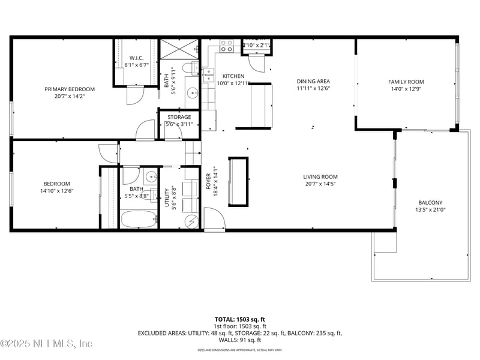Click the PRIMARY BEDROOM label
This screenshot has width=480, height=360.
70,89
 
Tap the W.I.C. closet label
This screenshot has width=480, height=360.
136,58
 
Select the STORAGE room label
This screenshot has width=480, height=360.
179,117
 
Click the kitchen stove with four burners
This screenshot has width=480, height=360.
226,46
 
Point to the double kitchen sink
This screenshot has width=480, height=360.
208,74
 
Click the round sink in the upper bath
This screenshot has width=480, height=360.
193,93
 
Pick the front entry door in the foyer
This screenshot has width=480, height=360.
213,218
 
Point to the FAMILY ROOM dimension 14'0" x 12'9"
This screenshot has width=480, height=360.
406,89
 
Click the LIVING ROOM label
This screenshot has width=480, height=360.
320,177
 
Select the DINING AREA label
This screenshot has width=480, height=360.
313,81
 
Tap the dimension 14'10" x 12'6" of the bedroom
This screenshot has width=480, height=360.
56,191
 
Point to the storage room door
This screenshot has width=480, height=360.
173,133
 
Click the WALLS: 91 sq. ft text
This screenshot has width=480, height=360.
240,340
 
